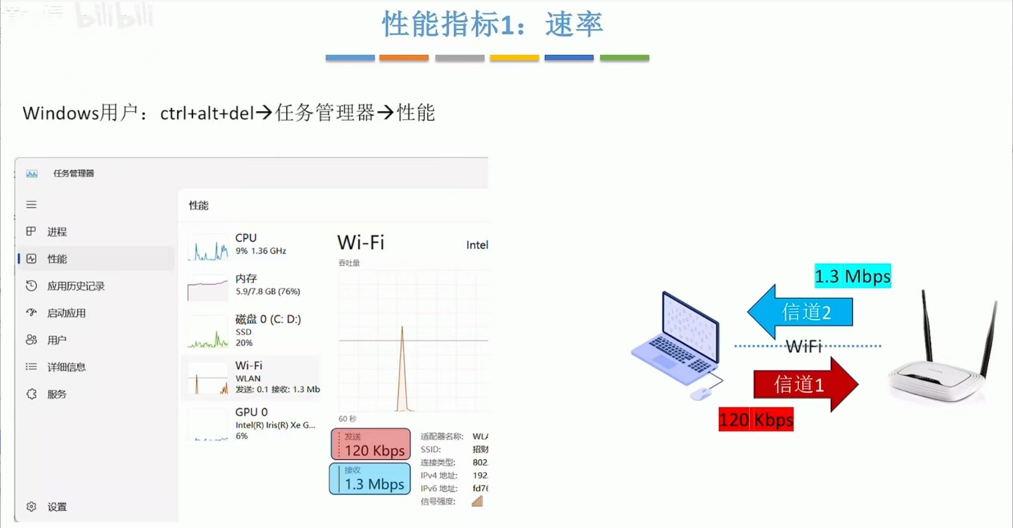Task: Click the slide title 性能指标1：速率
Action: point(492,25)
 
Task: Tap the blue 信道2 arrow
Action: point(802,312)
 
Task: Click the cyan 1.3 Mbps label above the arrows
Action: point(852,276)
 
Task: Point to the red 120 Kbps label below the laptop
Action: point(756,420)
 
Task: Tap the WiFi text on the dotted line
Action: point(804,346)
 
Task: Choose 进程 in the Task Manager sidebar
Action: point(57,232)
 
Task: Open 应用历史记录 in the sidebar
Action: point(76,286)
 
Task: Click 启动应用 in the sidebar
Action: point(66,313)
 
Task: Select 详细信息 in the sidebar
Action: point(66,367)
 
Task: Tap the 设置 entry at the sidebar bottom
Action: point(57,507)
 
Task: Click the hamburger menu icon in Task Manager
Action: point(31,205)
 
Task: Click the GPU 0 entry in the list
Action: point(252,423)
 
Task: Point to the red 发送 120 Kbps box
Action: point(371,444)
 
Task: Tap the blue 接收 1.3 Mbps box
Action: point(370,478)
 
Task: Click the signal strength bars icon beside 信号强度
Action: point(477,501)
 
